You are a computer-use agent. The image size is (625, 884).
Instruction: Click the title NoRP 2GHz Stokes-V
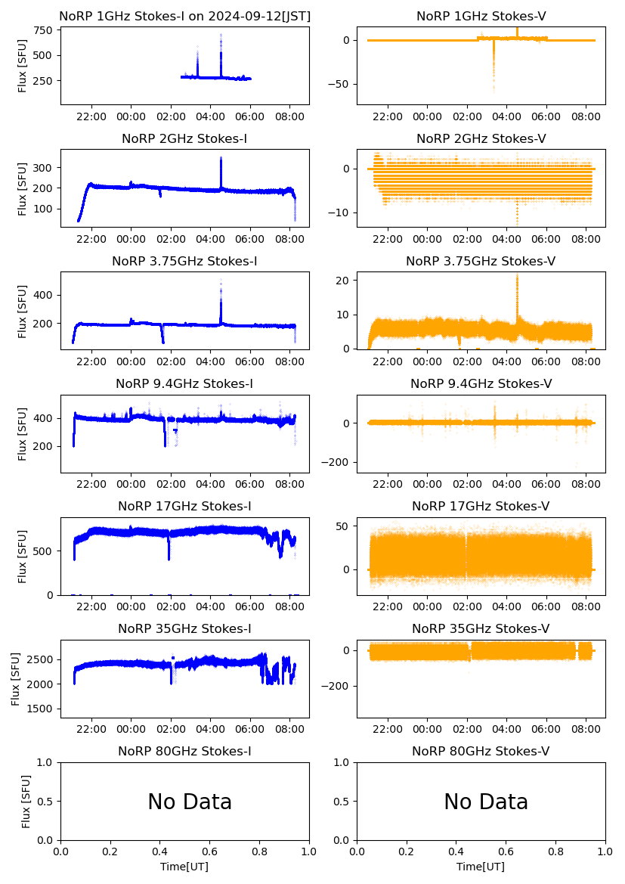(481, 138)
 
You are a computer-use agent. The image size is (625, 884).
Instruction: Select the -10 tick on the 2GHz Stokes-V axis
(341, 213)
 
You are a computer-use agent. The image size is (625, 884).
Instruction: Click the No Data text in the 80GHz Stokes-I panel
(190, 802)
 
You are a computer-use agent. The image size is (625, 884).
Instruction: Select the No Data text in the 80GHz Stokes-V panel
(486, 802)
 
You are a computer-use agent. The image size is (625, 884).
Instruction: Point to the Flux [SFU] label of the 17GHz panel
(23, 556)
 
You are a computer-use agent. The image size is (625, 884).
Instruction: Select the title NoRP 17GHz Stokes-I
(184, 506)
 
